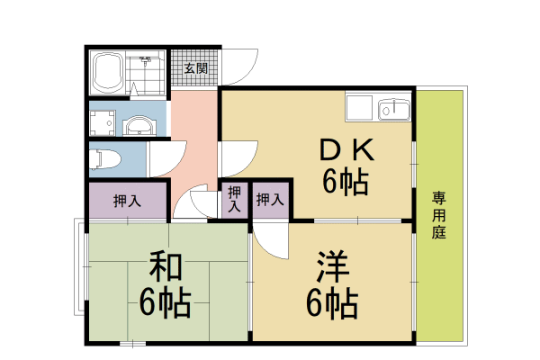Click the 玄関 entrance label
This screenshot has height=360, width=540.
coord(196,68)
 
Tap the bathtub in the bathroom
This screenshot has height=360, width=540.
coord(109,73)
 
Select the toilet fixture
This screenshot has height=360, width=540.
coord(104,159)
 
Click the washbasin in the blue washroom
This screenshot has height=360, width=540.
coord(139,125)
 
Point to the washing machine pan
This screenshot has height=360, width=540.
coord(103,123)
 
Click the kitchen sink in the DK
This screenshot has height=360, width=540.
coord(394,110)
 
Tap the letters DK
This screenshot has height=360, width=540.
coord(346,150)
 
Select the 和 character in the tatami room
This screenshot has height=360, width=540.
coord(166,266)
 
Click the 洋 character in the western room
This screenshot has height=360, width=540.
coord(333,266)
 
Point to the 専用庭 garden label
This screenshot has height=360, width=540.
coord(439,215)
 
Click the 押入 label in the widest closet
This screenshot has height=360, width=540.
coord(128,201)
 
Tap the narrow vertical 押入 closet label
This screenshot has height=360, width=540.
coord(235,199)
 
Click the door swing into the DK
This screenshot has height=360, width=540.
coord(247,165)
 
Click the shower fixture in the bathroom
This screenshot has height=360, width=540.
coord(147,60)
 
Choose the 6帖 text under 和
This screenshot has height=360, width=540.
coord(166,303)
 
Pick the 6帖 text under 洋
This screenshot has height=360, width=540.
coord(332,303)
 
